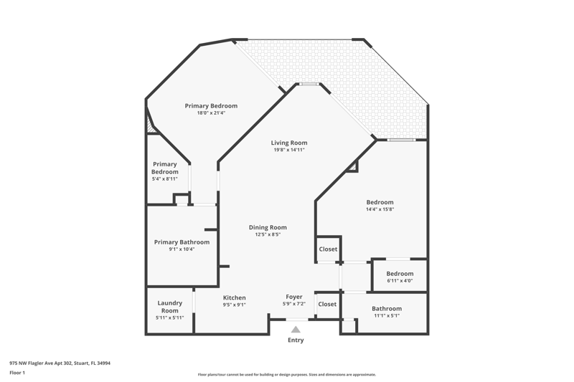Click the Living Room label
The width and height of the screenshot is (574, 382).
pyautogui.click(x=289, y=143)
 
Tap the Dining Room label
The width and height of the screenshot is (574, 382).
pyautogui.click(x=268, y=227)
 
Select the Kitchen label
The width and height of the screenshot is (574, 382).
pyautogui.click(x=235, y=297)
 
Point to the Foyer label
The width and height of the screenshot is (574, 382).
pyautogui.click(x=294, y=297)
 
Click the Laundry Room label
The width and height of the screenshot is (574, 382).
pyautogui.click(x=170, y=307)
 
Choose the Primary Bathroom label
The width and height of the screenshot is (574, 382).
pyautogui.click(x=182, y=242)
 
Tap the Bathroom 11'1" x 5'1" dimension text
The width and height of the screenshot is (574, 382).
pyautogui.click(x=387, y=315)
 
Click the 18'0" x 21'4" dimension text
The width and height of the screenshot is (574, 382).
pyautogui.click(x=211, y=113)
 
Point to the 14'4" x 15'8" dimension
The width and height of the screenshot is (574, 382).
pyautogui.click(x=380, y=209)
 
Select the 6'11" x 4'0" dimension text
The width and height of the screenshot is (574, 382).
pyautogui.click(x=400, y=281)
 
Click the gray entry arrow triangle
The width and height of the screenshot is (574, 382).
pyautogui.click(x=296, y=330)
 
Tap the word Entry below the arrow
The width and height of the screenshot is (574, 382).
pyautogui.click(x=296, y=340)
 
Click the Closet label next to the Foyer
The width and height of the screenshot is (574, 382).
pyautogui.click(x=327, y=304)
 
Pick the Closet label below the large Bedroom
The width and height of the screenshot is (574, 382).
pyautogui.click(x=328, y=249)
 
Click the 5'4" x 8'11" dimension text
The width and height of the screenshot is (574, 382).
pyautogui.click(x=165, y=178)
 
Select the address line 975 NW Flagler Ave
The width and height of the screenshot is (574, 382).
pyautogui.click(x=60, y=363)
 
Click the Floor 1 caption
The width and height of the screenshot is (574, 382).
pyautogui.click(x=17, y=373)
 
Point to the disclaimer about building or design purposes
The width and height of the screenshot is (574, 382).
pyautogui.click(x=286, y=374)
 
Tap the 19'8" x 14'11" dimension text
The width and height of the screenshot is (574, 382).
pyautogui.click(x=289, y=150)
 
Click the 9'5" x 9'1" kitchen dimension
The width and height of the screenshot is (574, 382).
pyautogui.click(x=235, y=305)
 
